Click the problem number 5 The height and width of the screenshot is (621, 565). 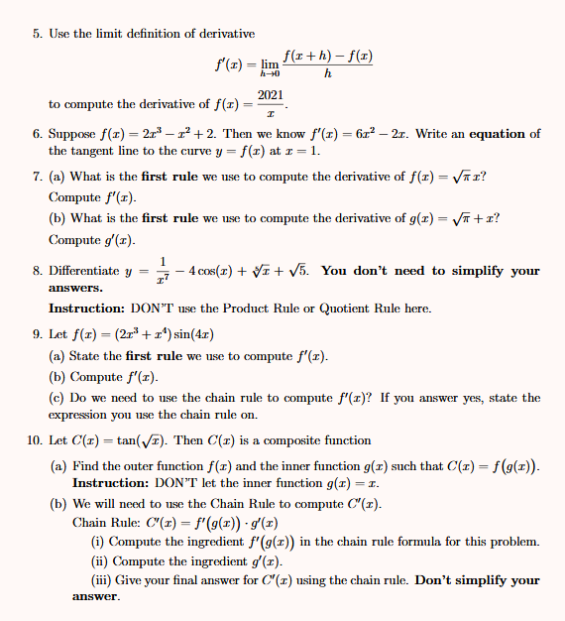37,34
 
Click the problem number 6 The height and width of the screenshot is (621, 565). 37,134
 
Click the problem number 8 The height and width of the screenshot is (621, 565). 37,271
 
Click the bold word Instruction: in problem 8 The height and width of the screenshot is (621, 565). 86,309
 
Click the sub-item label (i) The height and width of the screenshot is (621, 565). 97,542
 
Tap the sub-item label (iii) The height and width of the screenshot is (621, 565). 101,579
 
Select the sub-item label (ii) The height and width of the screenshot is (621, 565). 99,560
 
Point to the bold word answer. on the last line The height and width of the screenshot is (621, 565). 96,597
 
